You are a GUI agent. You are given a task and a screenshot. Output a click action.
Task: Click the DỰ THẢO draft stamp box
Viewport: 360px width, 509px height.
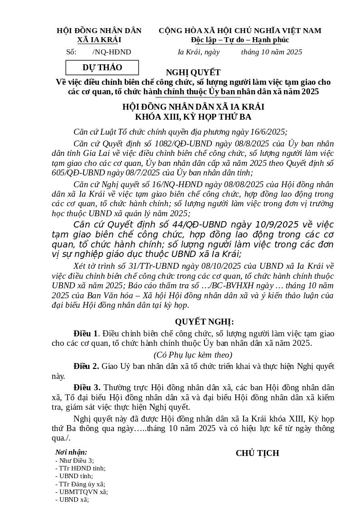click(102, 68)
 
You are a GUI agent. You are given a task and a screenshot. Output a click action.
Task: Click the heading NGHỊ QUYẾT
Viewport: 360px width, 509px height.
click(193, 73)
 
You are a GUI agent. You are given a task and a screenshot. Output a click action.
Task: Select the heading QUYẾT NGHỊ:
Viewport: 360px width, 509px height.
click(204, 322)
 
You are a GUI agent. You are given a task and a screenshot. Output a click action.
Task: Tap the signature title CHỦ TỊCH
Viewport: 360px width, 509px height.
click(257, 453)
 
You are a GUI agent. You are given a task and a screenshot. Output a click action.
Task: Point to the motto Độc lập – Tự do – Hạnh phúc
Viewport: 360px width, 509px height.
click(240, 40)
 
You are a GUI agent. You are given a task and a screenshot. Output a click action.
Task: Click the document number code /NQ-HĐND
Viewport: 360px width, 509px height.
click(112, 52)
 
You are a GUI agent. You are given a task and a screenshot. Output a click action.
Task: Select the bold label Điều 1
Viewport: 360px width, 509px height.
click(86, 334)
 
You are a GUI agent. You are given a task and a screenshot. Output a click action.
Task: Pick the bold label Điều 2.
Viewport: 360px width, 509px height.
click(86, 366)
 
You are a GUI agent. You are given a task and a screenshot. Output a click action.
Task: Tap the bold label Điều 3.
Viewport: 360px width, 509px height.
click(87, 388)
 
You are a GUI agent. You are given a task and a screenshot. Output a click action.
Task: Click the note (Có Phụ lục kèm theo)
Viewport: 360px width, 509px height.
click(193, 355)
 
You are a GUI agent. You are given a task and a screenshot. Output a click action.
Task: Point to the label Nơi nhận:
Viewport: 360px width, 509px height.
click(71, 452)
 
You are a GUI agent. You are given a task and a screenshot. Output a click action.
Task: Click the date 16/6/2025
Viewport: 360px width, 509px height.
click(268, 132)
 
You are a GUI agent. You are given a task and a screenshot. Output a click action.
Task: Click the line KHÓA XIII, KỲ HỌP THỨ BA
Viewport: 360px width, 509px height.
click(193, 117)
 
